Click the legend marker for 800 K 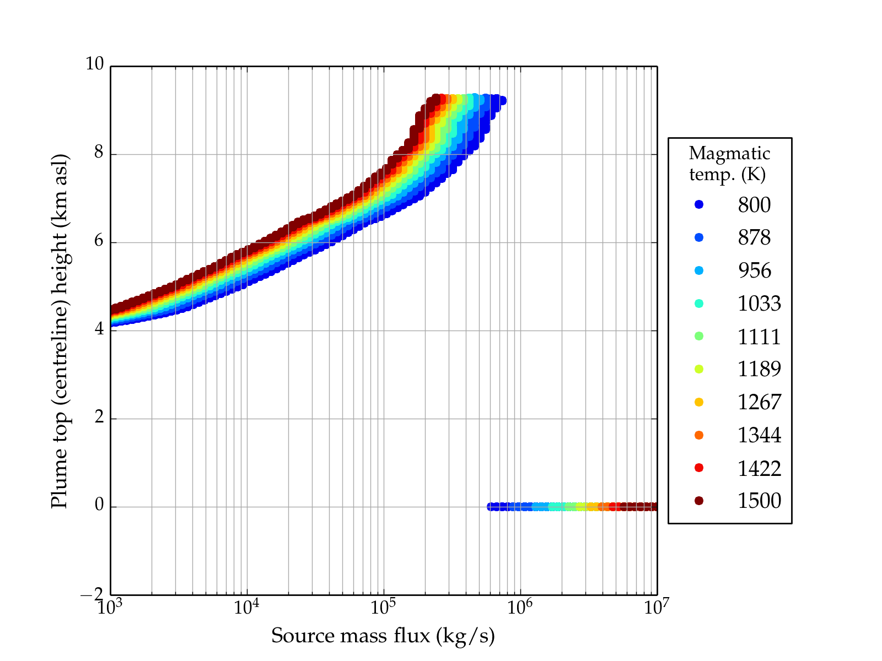click(x=699, y=204)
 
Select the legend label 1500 click(x=759, y=501)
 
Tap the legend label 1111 click(x=759, y=337)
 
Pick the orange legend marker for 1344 click(x=699, y=435)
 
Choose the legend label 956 click(x=754, y=270)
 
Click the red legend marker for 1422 click(x=699, y=468)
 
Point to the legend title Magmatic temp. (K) click(x=729, y=164)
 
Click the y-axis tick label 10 click(x=94, y=64)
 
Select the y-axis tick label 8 click(x=99, y=153)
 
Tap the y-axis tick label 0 click(x=99, y=505)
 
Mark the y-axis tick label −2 click(x=92, y=594)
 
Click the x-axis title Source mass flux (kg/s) click(x=383, y=636)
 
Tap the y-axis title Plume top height click(x=59, y=330)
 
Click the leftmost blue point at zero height click(x=491, y=507)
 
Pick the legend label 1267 click(x=759, y=402)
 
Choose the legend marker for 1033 click(x=699, y=304)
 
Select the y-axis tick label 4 click(x=99, y=329)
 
